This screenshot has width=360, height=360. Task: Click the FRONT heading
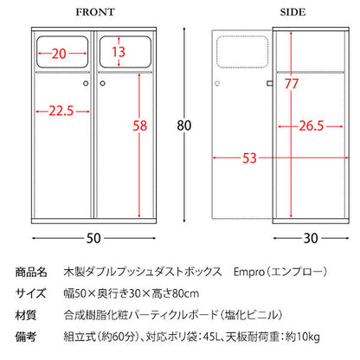coord(95,12)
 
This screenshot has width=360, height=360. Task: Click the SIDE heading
coord(292,12)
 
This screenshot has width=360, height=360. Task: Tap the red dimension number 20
coord(59,54)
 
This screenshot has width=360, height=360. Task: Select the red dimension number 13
coord(119,52)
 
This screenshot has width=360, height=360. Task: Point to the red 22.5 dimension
coord(61,111)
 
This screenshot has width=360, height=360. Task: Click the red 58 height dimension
coord(140,125)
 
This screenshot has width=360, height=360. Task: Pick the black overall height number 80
coord(184,125)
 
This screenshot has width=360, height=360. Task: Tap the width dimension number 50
coord(93,238)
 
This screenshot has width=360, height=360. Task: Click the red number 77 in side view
coord(292,84)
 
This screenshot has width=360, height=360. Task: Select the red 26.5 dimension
coord(311,126)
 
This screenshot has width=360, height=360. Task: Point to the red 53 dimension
coord(249,158)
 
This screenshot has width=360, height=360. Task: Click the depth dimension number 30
coord(311,238)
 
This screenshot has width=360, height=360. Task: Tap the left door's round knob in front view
coord(86,83)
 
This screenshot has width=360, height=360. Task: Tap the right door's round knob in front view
coord(102,83)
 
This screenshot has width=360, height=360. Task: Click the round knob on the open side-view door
coord(217,83)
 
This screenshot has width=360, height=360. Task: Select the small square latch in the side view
coord(270,83)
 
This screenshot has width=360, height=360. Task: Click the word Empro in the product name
coord(249,272)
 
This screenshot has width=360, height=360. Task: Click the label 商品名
coord(31,272)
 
